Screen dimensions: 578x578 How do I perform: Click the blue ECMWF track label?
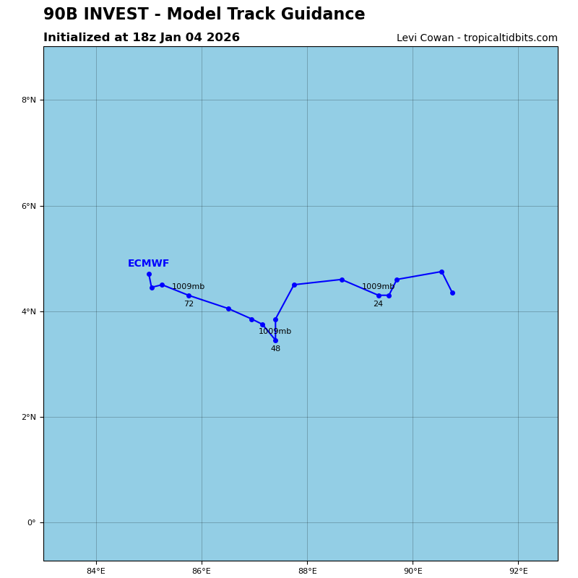pyautogui.click(x=148, y=264)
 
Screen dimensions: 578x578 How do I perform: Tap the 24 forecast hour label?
pyautogui.click(x=378, y=304)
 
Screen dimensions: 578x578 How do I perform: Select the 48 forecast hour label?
pyautogui.click(x=275, y=349)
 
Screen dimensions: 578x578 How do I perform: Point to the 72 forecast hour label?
pyautogui.click(x=189, y=304)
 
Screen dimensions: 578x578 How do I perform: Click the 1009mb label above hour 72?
pyautogui.click(x=188, y=287)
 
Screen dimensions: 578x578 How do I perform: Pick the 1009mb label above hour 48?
pyautogui.click(x=275, y=332)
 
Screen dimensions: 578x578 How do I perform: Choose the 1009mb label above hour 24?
pyautogui.click(x=378, y=287)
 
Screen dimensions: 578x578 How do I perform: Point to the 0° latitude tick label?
pyautogui.click(x=32, y=522)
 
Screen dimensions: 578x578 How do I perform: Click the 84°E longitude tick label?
pyautogui.click(x=96, y=571)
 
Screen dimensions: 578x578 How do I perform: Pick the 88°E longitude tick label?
pyautogui.click(x=307, y=571)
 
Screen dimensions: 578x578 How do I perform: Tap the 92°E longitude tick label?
pyautogui.click(x=518, y=571)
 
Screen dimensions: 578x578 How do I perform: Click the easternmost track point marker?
pyautogui.click(x=452, y=293)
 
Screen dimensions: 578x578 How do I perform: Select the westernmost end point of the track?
pyautogui.click(x=149, y=274)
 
